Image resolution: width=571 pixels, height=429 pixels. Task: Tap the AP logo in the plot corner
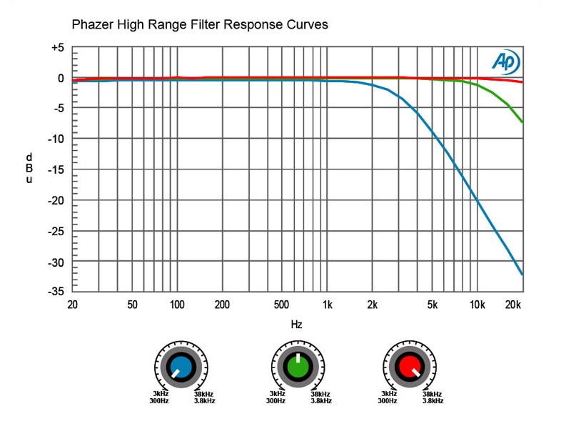click(505, 62)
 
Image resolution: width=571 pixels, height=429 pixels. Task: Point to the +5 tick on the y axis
click(56, 48)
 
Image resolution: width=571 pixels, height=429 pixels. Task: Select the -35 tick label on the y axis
click(56, 292)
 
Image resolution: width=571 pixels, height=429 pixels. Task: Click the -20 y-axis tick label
click(56, 201)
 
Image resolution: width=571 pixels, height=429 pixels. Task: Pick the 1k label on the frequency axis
click(327, 305)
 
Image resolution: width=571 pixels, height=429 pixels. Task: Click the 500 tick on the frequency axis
click(281, 305)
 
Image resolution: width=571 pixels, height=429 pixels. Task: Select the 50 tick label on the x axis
click(132, 305)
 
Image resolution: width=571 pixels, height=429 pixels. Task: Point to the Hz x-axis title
click(297, 325)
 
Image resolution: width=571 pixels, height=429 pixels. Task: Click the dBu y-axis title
click(29, 168)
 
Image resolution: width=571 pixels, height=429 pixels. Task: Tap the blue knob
click(181, 366)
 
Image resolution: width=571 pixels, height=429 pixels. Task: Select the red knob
click(409, 366)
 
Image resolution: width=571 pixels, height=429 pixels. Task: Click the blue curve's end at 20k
click(522, 274)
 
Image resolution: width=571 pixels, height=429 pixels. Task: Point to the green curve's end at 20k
click(522, 122)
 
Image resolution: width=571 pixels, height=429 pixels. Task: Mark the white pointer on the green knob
click(298, 357)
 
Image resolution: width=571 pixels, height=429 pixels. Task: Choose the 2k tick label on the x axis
click(373, 305)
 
